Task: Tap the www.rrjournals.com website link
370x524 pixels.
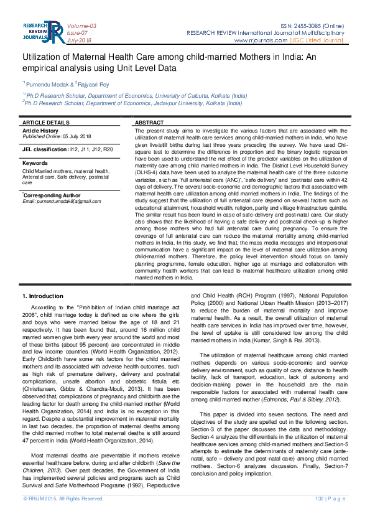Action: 261,40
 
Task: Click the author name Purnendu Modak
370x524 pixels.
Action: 47,83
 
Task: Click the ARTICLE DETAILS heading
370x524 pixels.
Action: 46,123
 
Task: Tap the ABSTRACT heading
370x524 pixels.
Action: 149,123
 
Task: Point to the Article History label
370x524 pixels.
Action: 40,131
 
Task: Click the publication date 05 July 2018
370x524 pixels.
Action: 76,136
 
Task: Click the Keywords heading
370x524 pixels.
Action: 35,163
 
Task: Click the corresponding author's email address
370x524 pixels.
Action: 61,201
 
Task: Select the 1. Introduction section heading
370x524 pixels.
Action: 42,296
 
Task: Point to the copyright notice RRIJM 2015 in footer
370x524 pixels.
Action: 63,516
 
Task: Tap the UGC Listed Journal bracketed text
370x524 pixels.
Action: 317,40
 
